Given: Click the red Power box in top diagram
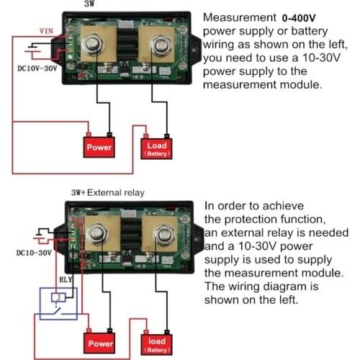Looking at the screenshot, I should pos(100,147).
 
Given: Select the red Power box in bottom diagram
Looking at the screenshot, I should pos(100,343).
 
